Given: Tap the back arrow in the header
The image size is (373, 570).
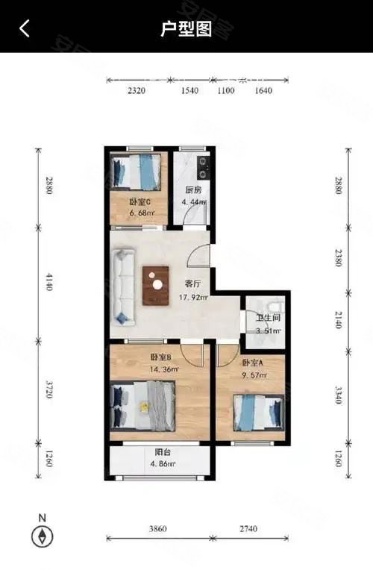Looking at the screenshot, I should tap(25, 28).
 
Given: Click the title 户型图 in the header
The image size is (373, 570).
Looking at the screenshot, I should tap(186, 28).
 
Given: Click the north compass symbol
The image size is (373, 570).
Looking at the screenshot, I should tap(43, 535).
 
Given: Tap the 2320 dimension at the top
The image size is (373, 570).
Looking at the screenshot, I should tap(137, 91).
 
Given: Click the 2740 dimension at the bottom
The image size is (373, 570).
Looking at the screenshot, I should tap(249, 528).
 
